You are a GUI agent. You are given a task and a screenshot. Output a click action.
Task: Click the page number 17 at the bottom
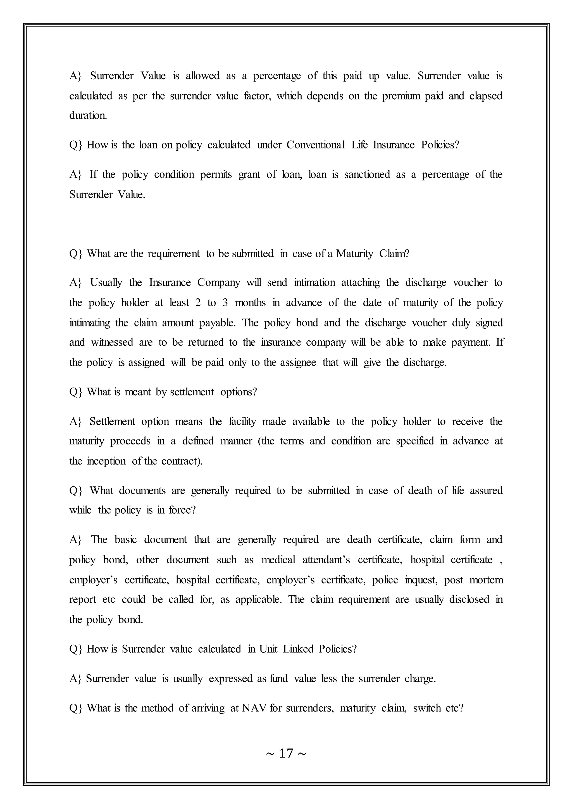(286, 753)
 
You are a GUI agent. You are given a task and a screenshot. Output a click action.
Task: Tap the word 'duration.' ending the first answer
(88, 116)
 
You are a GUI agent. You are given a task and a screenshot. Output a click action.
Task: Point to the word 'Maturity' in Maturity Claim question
(354, 253)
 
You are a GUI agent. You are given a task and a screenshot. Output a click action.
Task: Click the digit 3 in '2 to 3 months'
(225, 303)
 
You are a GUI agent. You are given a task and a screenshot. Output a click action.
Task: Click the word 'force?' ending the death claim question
(182, 510)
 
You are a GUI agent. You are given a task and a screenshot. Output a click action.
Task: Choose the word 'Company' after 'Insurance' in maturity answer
(219, 283)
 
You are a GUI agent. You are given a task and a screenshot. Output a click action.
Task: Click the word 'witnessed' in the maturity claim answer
(112, 342)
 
